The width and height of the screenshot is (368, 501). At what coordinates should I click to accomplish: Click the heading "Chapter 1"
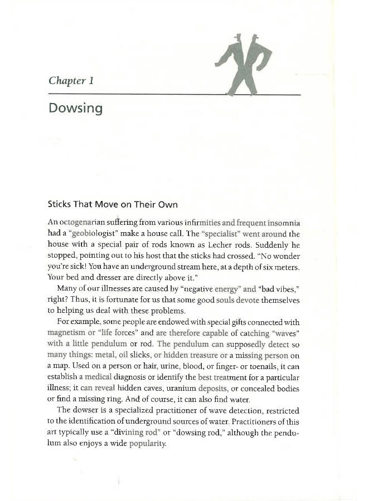[x=70, y=81]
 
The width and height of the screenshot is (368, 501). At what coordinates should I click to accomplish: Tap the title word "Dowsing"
[x=75, y=107]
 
